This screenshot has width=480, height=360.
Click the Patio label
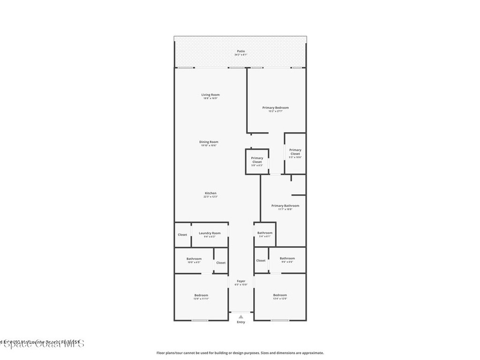tap(240, 51)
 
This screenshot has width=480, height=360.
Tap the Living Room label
tap(210, 95)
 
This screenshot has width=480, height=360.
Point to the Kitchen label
tap(210, 194)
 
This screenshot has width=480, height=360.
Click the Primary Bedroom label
tap(275, 108)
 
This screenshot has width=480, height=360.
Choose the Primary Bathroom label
tap(285, 206)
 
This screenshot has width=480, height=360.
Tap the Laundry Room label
tap(210, 233)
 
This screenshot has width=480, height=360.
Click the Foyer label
tap(241, 281)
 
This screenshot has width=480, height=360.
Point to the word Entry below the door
tap(241, 322)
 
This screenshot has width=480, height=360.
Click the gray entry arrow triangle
tap(241, 317)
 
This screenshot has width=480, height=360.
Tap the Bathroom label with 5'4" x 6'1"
tap(265, 233)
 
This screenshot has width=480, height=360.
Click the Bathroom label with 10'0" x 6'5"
tap(194, 259)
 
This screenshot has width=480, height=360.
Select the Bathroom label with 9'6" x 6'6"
tap(287, 258)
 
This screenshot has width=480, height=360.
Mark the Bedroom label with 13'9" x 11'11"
tap(201, 295)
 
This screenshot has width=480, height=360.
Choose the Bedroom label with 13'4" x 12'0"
tap(280, 295)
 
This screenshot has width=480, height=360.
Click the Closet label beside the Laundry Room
tap(182, 235)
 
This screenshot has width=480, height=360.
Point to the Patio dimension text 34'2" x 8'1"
tap(240, 55)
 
